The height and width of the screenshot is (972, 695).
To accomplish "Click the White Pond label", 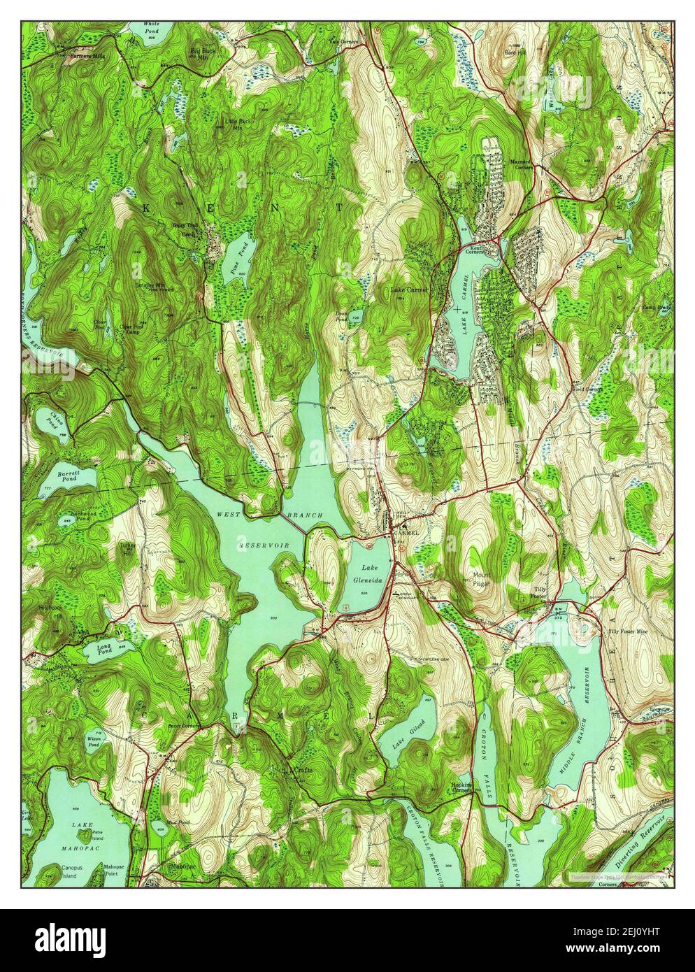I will pos(151,27).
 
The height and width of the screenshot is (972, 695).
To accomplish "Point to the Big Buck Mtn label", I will pos(201,54).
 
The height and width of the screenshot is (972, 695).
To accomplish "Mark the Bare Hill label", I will pos(514,52).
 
